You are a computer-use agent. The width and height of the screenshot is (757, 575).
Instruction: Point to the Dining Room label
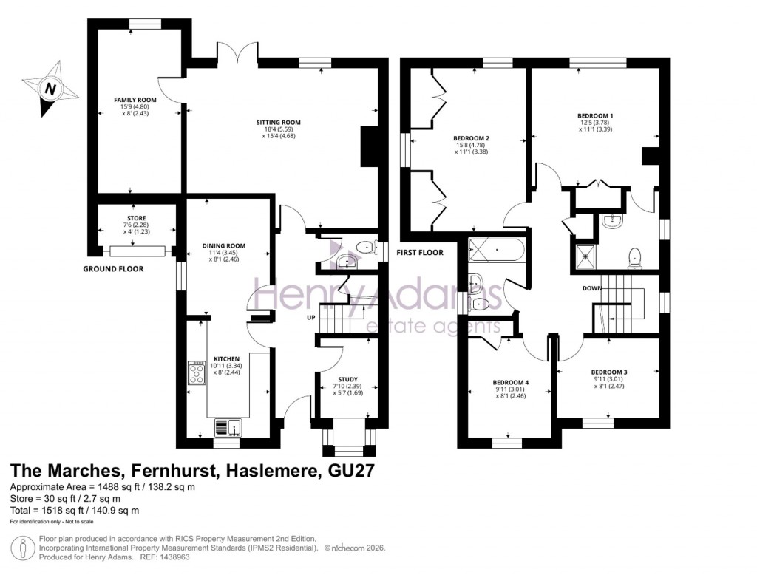[224, 245]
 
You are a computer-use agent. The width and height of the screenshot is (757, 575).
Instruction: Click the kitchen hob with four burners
[197, 373]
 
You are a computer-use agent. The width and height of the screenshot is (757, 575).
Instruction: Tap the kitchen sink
[227, 426]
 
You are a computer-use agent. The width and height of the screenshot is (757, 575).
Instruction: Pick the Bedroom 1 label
[595, 115]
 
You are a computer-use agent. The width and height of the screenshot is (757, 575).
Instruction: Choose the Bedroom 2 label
[472, 138]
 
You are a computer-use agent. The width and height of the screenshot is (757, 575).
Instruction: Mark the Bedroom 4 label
[511, 382]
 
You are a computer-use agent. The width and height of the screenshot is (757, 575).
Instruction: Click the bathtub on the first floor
[498, 250]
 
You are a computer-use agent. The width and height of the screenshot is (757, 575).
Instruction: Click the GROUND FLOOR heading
[113, 269]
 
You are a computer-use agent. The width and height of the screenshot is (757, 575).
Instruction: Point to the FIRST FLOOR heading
[420, 253]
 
